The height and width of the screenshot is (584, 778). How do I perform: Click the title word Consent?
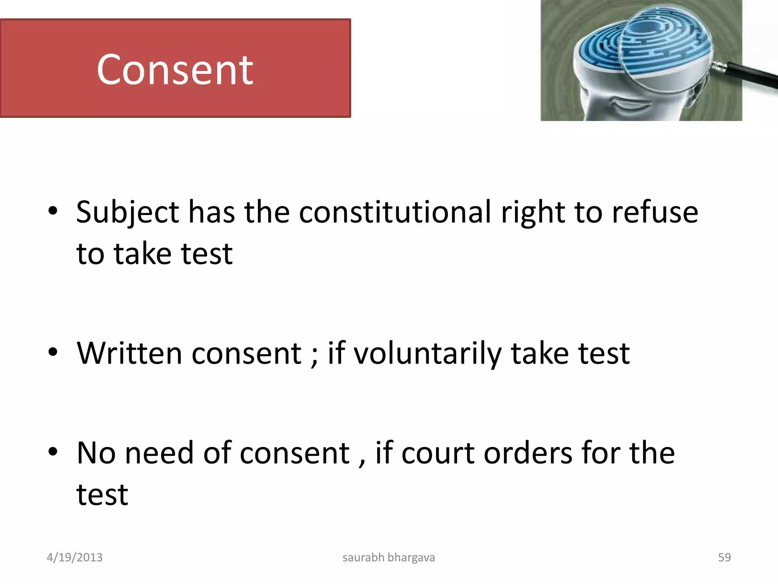click(x=175, y=70)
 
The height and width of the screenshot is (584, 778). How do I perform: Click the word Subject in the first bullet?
click(x=127, y=212)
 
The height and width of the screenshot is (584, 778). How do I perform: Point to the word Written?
click(x=130, y=353)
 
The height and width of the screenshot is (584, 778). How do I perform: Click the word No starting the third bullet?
click(x=96, y=453)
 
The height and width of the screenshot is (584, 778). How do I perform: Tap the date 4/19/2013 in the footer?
click(x=74, y=557)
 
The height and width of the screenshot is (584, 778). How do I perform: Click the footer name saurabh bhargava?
click(x=389, y=557)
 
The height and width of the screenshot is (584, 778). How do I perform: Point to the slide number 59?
click(x=724, y=557)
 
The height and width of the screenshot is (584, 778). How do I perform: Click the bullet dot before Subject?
click(x=53, y=211)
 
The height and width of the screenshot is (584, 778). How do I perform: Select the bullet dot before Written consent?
click(x=53, y=352)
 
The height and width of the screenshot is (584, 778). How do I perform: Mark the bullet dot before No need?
click(x=53, y=452)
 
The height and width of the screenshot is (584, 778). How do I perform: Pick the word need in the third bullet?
click(x=159, y=453)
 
